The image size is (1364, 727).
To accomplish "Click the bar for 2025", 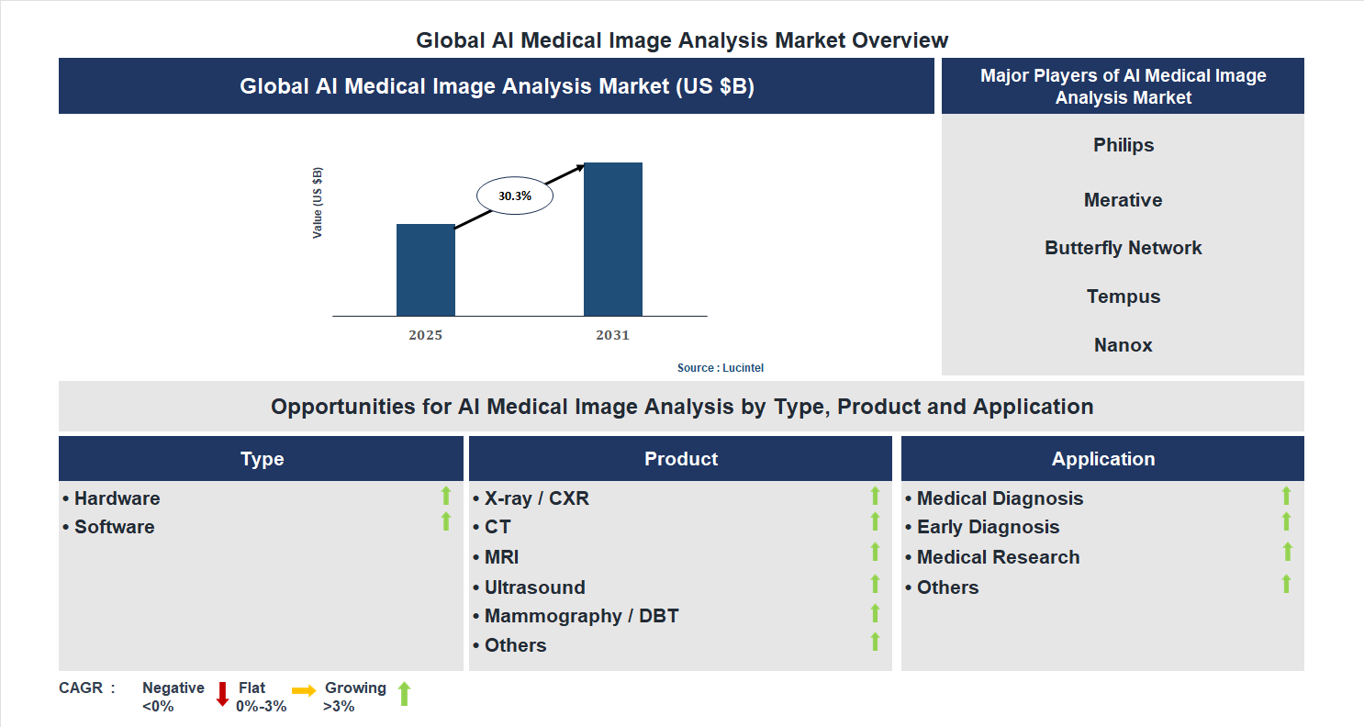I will [x=425, y=270].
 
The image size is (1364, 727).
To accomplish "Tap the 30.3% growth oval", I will [x=514, y=196].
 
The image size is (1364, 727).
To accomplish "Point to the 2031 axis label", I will [x=612, y=335].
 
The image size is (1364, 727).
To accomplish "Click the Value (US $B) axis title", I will [x=318, y=203].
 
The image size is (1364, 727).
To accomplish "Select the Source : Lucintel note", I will [x=720, y=367].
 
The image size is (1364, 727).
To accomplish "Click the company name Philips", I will [x=1123, y=145].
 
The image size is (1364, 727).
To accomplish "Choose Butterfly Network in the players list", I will [x=1123, y=248].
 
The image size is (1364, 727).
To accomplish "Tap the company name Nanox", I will [x=1123, y=345].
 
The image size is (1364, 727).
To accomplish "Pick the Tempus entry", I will [x=1123, y=296].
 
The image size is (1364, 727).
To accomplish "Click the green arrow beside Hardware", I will [x=446, y=496].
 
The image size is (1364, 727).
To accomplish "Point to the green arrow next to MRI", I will [x=875, y=552].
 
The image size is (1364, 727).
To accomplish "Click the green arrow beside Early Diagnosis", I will [x=1286, y=521].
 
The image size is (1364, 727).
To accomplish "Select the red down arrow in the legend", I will [x=222, y=694].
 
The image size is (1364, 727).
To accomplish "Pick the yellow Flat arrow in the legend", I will [x=304, y=690].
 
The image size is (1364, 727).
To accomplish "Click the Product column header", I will [x=680, y=459].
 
